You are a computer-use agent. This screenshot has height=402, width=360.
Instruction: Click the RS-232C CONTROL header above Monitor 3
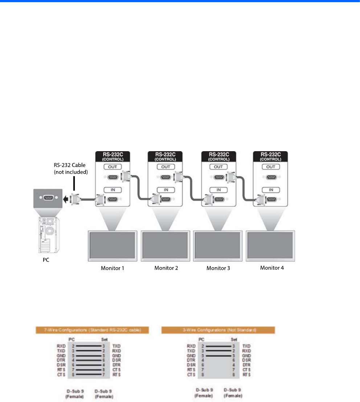pyautogui.click(x=218, y=156)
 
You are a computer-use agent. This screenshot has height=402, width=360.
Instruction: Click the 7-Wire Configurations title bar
pyautogui.click(x=87, y=330)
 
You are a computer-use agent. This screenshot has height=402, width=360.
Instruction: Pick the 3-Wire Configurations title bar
pyautogui.click(x=218, y=330)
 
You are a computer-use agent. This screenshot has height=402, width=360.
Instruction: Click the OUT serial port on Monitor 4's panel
pyautogui.click(x=270, y=178)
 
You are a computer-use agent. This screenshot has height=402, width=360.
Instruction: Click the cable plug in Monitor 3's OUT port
pyautogui.click(x=232, y=177)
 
